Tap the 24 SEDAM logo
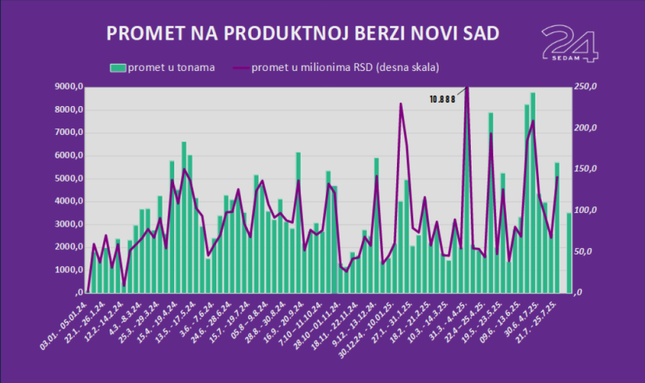click(x=569, y=44)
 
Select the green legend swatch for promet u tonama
click(x=118, y=67)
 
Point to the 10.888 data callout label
click(x=442, y=100)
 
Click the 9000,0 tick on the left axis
click(x=70, y=88)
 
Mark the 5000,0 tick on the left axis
click(x=70, y=179)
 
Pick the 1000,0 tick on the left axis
click(x=70, y=270)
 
